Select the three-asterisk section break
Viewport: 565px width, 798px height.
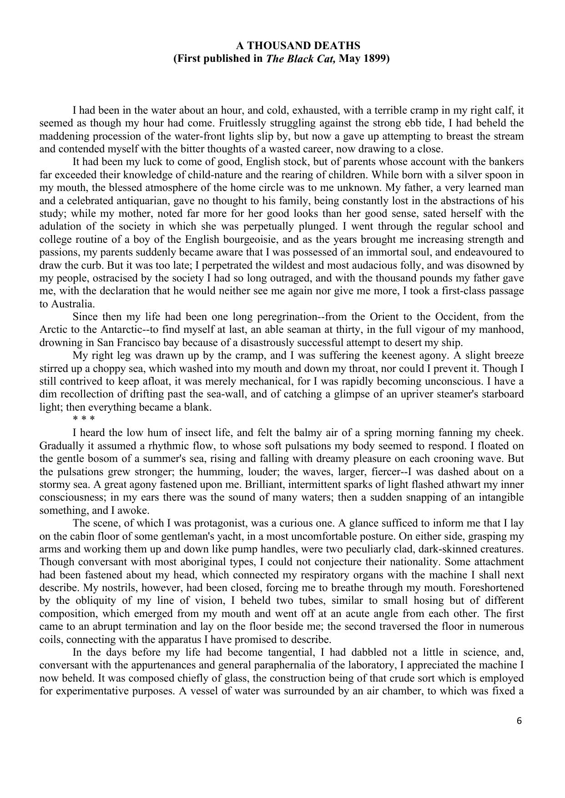pos(83,420)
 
